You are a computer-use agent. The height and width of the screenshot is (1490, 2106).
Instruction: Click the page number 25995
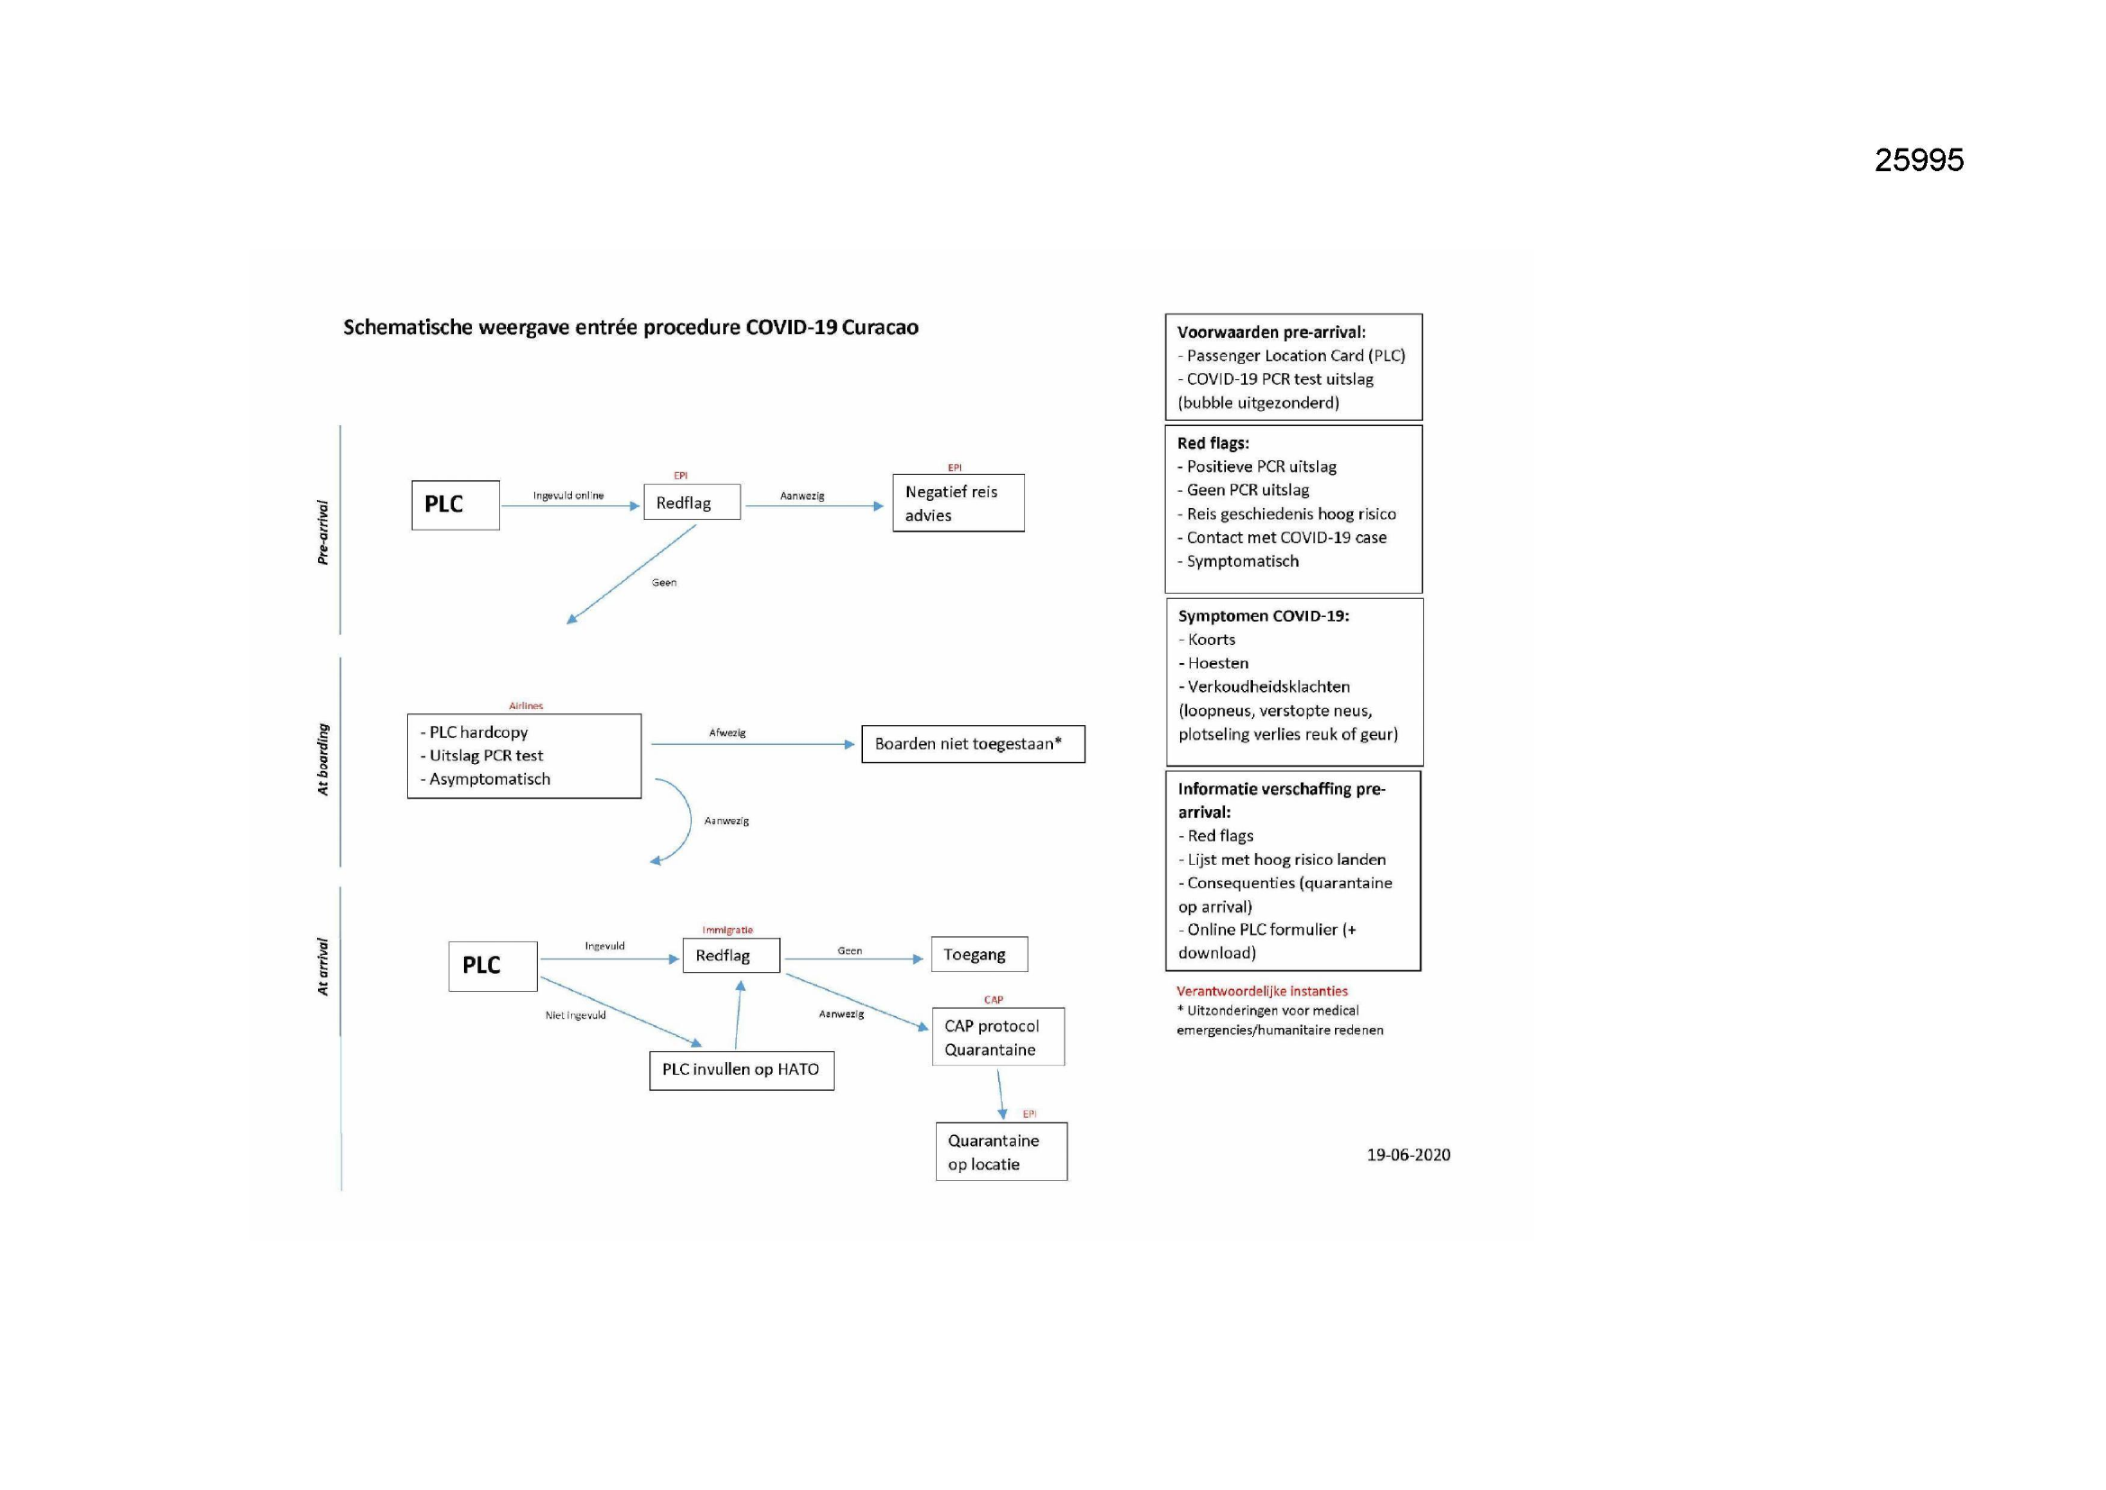(1919, 160)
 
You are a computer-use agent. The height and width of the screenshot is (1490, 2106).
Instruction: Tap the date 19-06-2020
(1409, 1155)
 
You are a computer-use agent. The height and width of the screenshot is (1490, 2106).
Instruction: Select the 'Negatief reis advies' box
(958, 503)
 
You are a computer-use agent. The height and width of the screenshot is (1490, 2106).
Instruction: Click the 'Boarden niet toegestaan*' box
(973, 744)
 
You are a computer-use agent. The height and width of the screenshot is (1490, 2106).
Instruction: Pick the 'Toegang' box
(980, 954)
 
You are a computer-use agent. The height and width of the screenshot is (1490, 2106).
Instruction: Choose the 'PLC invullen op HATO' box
(742, 1071)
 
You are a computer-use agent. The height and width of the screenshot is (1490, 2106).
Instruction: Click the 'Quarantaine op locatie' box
(1002, 1152)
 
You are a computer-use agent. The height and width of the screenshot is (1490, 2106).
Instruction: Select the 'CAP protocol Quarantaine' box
(998, 1038)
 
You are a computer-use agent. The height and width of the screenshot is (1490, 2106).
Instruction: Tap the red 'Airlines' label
(525, 705)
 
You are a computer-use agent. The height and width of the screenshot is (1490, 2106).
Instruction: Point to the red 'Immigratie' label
(728, 931)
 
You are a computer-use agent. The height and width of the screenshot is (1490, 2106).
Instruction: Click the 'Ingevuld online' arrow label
(568, 495)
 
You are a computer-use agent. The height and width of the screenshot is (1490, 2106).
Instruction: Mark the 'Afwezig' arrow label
(728, 733)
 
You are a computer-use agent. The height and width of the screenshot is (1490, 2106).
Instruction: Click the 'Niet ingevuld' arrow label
(575, 1015)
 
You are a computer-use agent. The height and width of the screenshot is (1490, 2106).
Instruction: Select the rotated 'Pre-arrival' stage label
(322, 532)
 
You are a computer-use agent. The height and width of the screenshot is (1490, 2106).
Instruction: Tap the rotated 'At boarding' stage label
(322, 759)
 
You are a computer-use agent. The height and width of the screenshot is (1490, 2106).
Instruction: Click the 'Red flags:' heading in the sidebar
(1212, 443)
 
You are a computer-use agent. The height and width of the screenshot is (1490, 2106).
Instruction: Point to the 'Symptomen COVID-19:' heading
(1263, 615)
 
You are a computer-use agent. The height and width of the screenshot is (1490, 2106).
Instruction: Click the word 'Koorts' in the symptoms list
(1211, 640)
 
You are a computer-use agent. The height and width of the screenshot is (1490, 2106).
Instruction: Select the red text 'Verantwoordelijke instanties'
(1262, 991)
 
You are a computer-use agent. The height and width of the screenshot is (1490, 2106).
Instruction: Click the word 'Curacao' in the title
(880, 328)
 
